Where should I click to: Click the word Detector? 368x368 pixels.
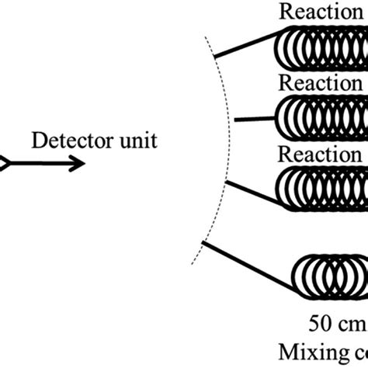pos(65,141)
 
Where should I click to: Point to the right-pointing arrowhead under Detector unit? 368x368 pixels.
pos(76,163)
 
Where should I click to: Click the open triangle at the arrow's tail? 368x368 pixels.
pos(4,163)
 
